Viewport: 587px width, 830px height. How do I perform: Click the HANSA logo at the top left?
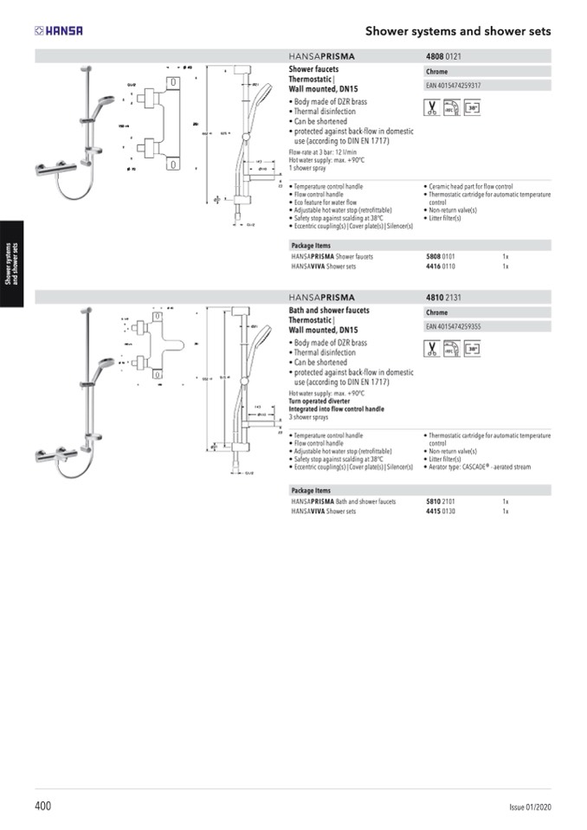click(59, 31)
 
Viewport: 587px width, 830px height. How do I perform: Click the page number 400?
click(43, 806)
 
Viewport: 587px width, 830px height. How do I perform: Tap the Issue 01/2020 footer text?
click(529, 807)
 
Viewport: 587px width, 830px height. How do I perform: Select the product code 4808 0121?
click(443, 57)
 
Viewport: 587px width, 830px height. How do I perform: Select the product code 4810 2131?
click(443, 298)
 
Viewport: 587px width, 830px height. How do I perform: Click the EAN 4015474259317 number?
click(454, 86)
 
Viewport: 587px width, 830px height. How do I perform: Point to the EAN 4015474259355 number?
click(454, 327)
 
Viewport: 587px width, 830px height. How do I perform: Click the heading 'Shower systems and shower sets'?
click(457, 31)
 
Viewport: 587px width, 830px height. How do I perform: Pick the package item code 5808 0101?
click(441, 257)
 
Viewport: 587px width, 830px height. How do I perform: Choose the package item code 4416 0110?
click(441, 267)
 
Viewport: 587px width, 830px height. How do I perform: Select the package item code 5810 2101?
click(441, 501)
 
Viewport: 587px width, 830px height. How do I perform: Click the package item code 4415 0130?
click(441, 512)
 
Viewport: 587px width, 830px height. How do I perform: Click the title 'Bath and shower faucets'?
click(329, 310)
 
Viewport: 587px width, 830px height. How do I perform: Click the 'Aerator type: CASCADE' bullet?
click(480, 467)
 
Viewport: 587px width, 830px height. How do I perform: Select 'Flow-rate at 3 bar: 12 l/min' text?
click(322, 152)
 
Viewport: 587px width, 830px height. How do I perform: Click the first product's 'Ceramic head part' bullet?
click(471, 186)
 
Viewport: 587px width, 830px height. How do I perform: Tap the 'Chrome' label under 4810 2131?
click(437, 312)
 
